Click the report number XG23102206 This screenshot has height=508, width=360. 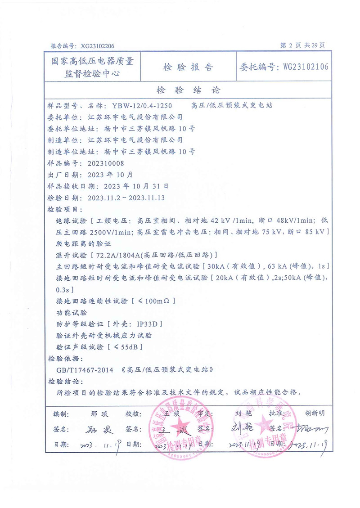[97, 45]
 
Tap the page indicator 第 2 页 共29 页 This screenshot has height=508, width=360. [302, 45]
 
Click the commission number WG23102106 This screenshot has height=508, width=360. [306, 67]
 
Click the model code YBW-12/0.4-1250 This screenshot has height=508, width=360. [144, 106]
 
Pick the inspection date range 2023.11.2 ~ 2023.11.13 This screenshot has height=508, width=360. [126, 198]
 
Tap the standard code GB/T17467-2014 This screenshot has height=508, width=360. [85, 370]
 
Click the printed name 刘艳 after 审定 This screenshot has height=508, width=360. [243, 413]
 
